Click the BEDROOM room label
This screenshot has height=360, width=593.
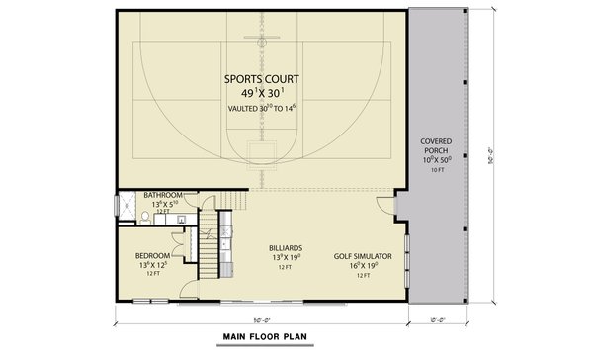152,255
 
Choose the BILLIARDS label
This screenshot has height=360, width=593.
285,248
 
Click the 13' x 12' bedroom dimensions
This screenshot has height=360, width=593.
152,265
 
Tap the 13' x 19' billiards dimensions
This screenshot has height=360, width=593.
285,258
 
